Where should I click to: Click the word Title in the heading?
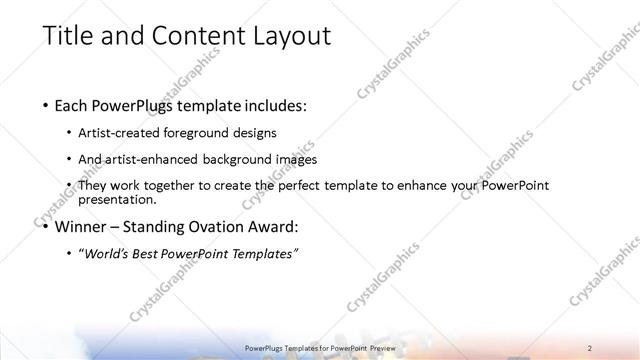(x=68, y=36)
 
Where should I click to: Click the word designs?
(x=257, y=133)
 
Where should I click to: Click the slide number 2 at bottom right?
(x=591, y=348)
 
